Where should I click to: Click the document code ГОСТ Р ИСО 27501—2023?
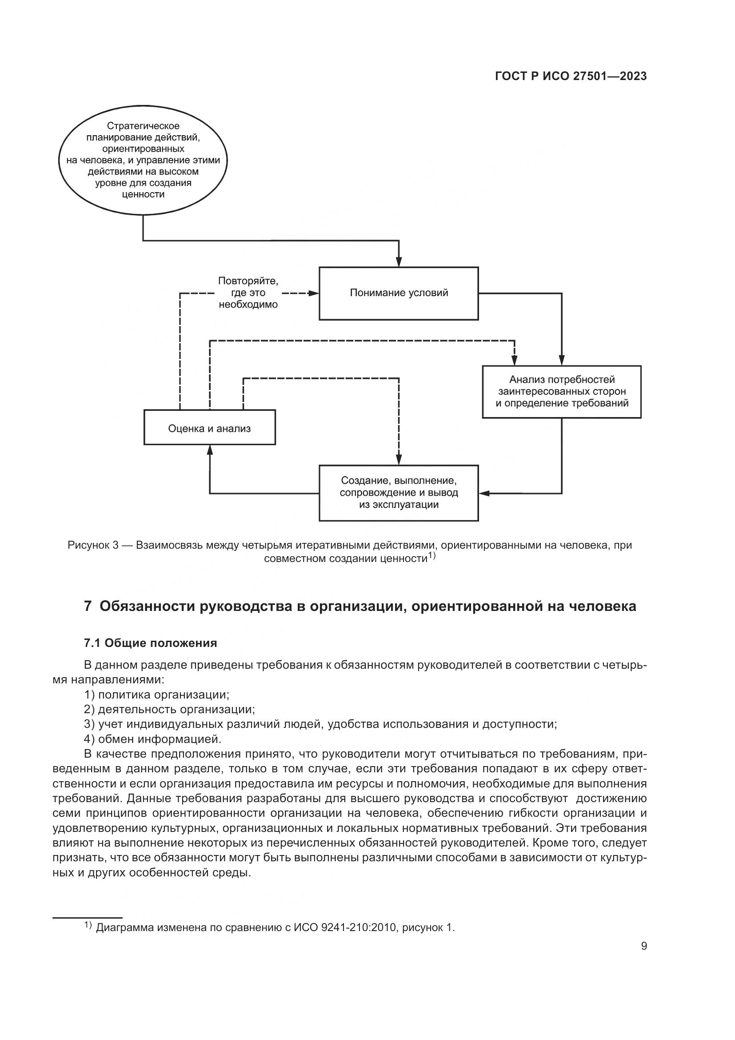coord(571,76)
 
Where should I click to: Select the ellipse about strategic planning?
coord(143,161)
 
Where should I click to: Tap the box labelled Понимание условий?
coord(399,293)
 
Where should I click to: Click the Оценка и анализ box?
coord(210,428)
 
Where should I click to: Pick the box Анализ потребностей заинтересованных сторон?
coord(562,392)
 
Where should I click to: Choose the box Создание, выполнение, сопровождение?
coord(399,493)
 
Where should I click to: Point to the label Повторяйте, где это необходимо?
coord(248,293)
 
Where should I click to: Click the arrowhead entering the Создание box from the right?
coord(484,493)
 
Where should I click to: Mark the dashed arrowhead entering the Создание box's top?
coord(398,460)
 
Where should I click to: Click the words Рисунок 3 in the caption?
coord(93,546)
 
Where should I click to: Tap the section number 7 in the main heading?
coord(88,606)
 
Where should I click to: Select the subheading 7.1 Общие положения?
coord(150,643)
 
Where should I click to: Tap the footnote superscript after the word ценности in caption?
coord(432,555)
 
